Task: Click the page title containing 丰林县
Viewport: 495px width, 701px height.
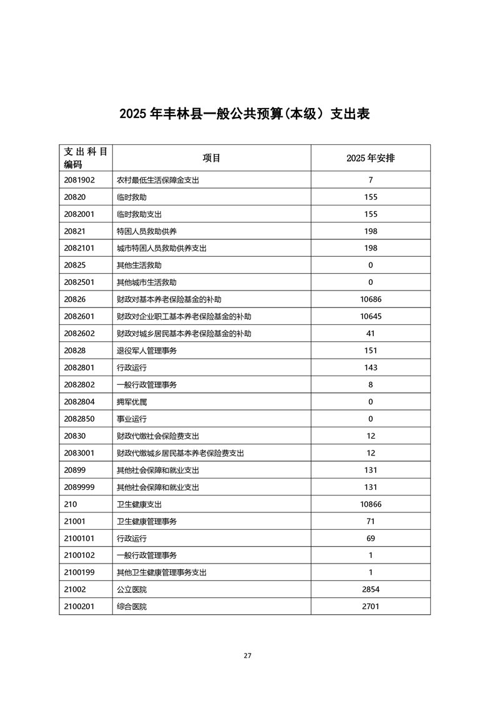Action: click(245, 114)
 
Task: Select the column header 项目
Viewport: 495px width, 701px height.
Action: click(212, 158)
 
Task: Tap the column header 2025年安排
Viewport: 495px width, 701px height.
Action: click(370, 158)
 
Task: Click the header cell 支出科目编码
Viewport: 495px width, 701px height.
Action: click(86, 158)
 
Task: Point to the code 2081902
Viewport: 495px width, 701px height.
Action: click(79, 180)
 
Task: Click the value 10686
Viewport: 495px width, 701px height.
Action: click(370, 299)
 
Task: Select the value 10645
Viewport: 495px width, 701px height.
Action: click(370, 316)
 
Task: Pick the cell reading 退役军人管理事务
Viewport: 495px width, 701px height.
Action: click(147, 350)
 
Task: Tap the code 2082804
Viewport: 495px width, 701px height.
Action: click(79, 402)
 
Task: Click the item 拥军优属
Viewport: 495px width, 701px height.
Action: click(132, 402)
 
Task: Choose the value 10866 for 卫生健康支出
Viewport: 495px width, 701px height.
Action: click(370, 504)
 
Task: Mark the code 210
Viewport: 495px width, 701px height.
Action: click(70, 504)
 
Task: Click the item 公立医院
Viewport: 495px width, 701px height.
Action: click(132, 589)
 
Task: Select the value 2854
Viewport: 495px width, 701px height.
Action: click(370, 589)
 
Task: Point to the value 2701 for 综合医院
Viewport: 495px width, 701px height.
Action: click(370, 606)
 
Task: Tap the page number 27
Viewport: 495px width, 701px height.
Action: click(247, 655)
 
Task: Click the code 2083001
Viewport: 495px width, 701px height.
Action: click(79, 453)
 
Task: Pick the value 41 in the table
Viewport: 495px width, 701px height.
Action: click(370, 334)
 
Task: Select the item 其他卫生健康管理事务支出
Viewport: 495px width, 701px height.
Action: click(162, 572)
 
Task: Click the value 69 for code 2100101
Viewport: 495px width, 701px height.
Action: click(370, 538)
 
